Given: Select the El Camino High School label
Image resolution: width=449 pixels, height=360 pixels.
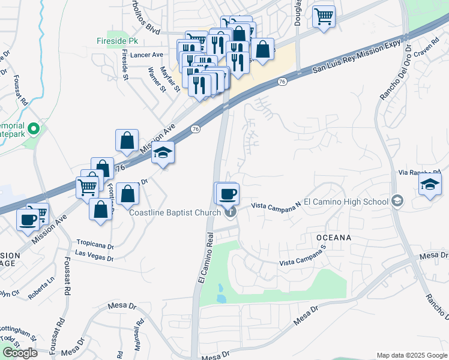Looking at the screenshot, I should [346, 201].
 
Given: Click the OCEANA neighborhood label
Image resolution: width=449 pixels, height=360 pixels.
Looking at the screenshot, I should [334, 238].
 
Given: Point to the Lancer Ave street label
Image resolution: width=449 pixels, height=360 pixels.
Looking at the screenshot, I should [146, 55].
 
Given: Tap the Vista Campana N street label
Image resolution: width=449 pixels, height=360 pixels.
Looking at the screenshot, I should [276, 205].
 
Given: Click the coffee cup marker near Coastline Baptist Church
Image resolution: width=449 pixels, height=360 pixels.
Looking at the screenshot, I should [228, 194].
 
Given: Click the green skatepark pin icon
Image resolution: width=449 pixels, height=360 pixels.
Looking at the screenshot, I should [35, 128].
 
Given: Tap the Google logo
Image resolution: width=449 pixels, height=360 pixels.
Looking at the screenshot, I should [19, 353].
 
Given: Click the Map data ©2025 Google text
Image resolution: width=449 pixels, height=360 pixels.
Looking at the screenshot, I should [411, 355].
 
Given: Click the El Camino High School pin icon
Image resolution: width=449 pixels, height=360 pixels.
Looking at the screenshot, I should [397, 201].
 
